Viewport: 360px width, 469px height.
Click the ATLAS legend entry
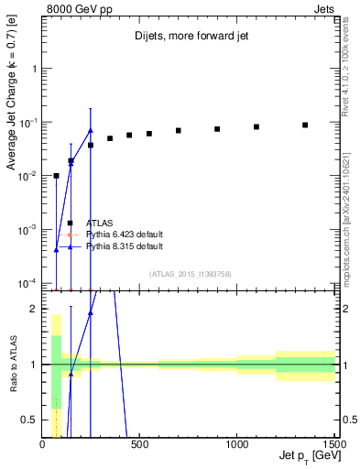[x=100, y=223]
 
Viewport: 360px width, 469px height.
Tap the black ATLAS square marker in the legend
[x=71, y=223]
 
